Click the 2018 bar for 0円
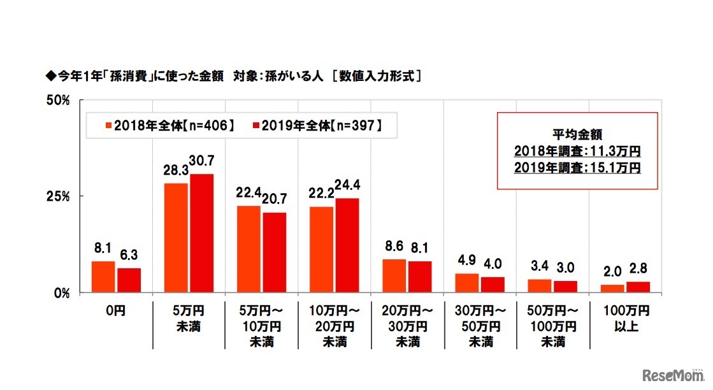[x=103, y=277]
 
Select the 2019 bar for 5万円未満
[x=201, y=233]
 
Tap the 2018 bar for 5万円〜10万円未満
[x=248, y=249]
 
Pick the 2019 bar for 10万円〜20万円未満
[x=346, y=245]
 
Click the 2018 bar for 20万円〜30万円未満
[x=394, y=276]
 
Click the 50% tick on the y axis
[x=57, y=100]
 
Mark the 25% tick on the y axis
[x=57, y=196]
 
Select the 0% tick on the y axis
[x=60, y=293]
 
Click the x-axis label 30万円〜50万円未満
[x=480, y=327]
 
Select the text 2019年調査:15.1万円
[x=577, y=168]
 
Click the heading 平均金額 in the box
[x=577, y=134]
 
